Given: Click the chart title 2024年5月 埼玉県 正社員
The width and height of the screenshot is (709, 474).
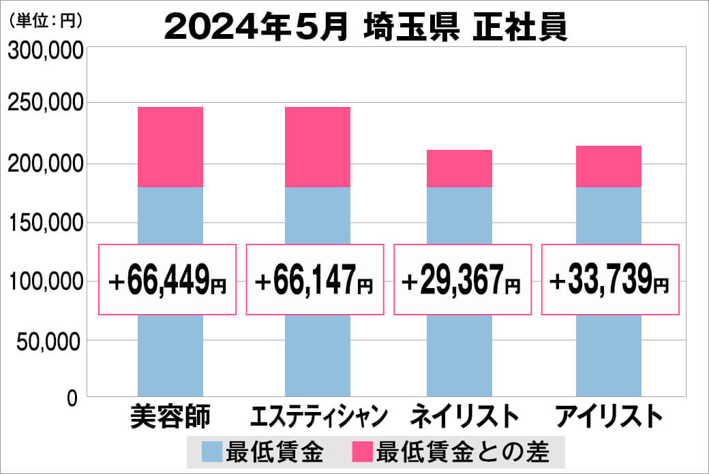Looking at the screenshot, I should tap(366, 28).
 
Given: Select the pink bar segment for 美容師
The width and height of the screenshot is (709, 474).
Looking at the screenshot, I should tap(170, 147).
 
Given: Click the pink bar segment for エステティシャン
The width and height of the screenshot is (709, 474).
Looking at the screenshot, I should tap(318, 147).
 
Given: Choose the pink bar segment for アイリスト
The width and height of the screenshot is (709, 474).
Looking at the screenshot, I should tap(609, 166).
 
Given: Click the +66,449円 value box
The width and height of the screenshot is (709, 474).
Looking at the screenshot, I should tap(168, 280).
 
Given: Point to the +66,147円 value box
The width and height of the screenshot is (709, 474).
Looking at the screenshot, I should tap(315, 280).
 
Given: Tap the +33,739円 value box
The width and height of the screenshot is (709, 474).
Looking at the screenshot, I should tap(610, 280).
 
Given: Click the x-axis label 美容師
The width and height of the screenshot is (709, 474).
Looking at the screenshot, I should tap(170, 416).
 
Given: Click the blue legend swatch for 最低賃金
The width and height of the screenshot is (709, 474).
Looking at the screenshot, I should tap(212, 452).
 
